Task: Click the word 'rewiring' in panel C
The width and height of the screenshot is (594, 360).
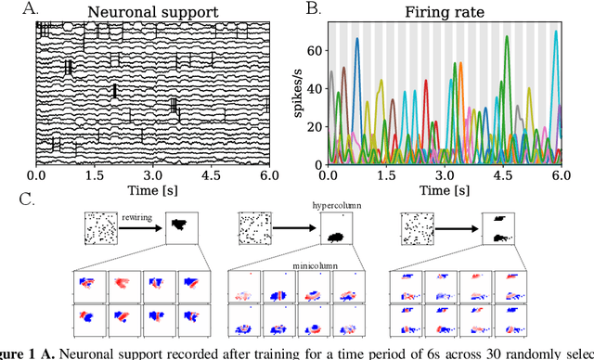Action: (x=136, y=219)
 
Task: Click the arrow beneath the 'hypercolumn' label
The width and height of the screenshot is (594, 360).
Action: (x=291, y=227)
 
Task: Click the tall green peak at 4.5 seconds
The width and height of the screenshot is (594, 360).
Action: (x=507, y=37)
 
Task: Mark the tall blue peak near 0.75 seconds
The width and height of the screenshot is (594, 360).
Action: (x=357, y=40)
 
